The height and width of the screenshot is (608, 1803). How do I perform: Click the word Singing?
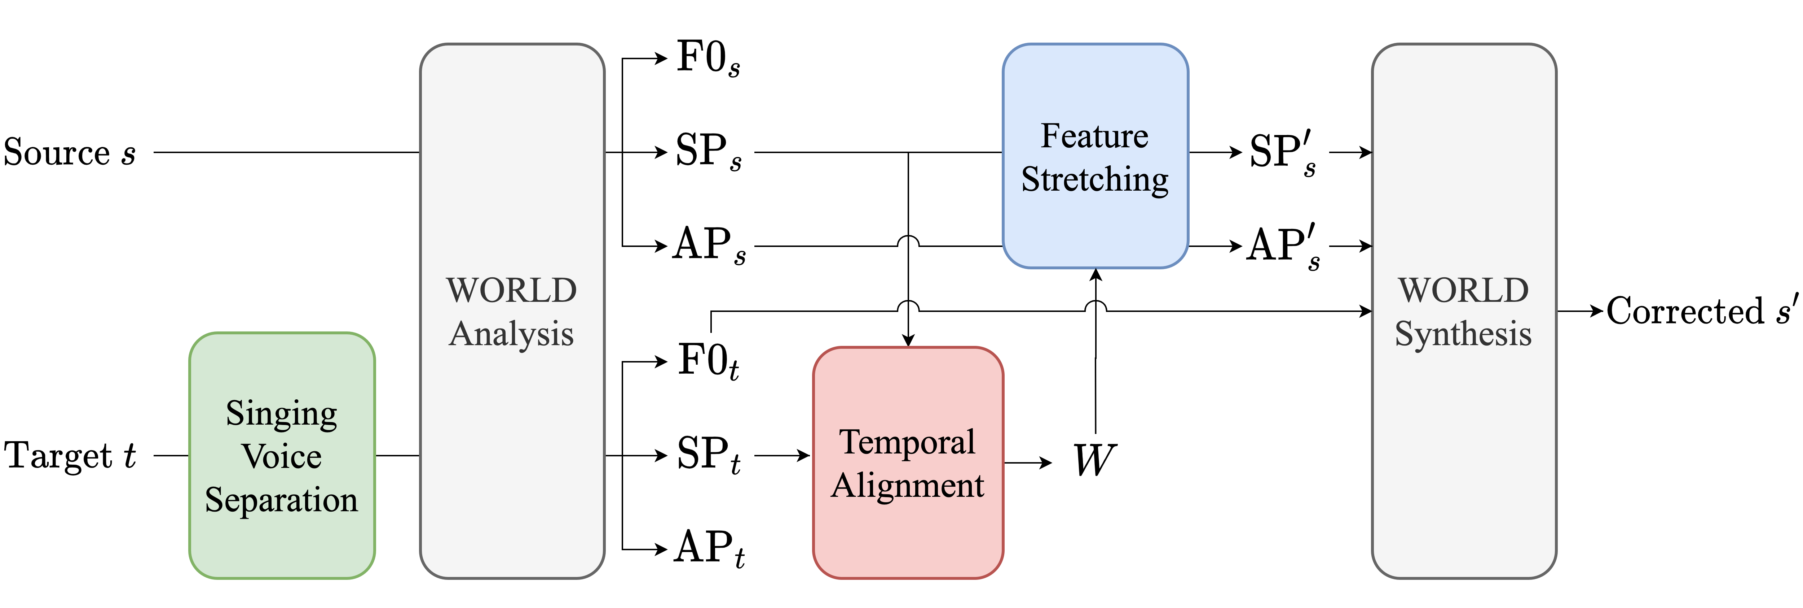pos(281,414)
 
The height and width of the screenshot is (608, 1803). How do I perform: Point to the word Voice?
pos(281,457)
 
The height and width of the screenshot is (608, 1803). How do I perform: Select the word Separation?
pos(281,500)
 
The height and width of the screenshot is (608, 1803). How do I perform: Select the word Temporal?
pos(907,442)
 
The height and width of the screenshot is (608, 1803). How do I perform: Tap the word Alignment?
pos(908,485)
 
